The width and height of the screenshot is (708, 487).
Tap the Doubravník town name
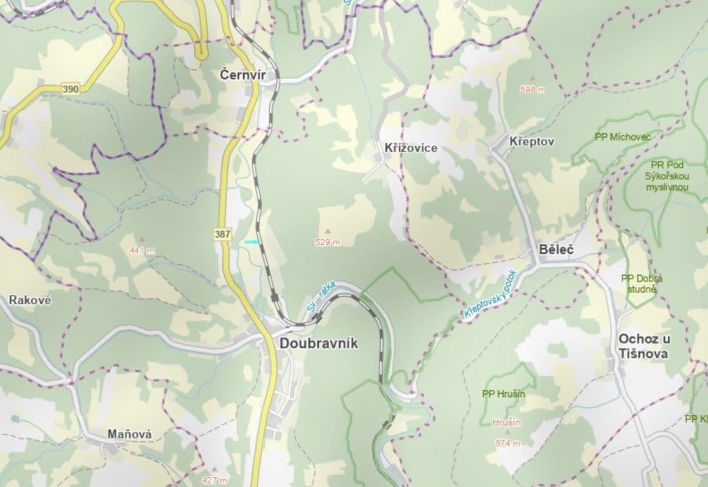coord(319,343)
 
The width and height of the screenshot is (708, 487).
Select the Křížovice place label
coord(411,148)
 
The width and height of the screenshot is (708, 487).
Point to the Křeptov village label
coord(531,141)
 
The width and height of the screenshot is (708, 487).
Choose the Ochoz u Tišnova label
coord(643,346)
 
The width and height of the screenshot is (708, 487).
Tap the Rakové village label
coord(30,300)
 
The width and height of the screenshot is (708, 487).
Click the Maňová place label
coord(130,434)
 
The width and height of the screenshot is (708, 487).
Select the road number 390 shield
coord(71,89)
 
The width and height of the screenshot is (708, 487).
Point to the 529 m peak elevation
coord(327,242)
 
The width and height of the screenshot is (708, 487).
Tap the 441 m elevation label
coord(142,250)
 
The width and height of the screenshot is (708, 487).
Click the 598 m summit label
coord(532,89)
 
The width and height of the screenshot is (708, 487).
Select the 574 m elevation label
coord(508,443)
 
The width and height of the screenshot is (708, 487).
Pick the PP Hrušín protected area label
coord(504,394)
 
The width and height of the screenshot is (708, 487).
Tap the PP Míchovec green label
coord(623,137)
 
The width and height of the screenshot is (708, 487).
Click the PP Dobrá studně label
coord(642,284)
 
